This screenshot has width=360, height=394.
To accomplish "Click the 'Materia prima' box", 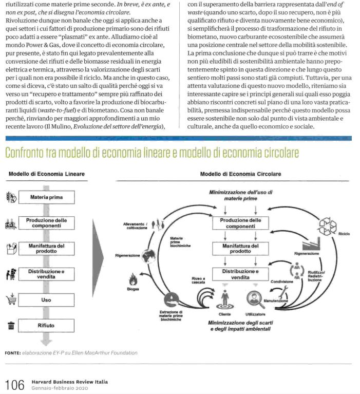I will [x=46, y=197].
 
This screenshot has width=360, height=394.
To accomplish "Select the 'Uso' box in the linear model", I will [x=46, y=299].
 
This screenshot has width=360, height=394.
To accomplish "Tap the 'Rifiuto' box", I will [x=46, y=325].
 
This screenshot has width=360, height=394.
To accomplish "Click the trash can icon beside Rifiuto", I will [x=10, y=325].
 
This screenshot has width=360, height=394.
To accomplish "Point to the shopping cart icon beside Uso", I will [x=10, y=299].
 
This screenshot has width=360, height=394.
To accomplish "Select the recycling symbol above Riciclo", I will [x=327, y=224].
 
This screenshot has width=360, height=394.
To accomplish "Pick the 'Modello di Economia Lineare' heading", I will [x=46, y=174].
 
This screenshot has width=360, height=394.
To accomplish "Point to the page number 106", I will [x=14, y=384].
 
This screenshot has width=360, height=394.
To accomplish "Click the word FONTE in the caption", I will [x=12, y=353].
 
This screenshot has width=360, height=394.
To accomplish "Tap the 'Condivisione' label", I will [x=282, y=282].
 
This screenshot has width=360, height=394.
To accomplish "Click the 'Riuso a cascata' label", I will [x=198, y=279].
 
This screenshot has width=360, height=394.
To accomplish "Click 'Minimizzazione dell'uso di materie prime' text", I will [x=240, y=195].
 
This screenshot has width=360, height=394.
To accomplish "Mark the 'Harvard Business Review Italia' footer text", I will [x=69, y=381].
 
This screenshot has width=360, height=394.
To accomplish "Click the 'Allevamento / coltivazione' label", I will [x=135, y=226].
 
